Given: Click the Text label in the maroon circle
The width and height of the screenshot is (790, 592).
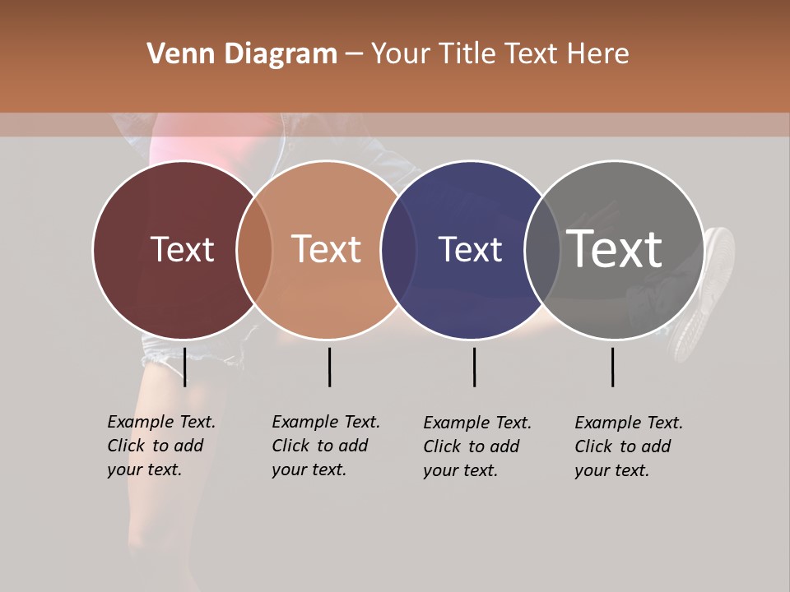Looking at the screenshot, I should (x=182, y=250).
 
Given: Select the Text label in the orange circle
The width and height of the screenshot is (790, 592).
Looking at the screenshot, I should (x=327, y=250).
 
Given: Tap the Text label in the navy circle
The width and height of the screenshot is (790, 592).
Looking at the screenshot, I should (x=470, y=250).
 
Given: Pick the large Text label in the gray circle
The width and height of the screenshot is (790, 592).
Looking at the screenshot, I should (x=615, y=249).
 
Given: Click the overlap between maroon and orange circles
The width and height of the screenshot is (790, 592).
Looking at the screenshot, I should (x=254, y=250).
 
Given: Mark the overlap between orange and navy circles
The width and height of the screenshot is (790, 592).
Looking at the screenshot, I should (x=398, y=250).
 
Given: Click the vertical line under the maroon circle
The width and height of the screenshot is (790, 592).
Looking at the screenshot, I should (x=185, y=367).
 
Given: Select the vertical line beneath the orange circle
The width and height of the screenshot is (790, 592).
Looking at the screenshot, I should (x=329, y=367).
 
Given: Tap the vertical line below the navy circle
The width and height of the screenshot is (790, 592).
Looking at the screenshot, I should (x=474, y=367).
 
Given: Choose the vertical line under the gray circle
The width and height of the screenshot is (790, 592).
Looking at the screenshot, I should (x=612, y=367).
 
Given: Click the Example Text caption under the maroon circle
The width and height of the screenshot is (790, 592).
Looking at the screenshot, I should (x=160, y=446).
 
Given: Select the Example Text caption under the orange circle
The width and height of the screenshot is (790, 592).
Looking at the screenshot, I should (x=325, y=446).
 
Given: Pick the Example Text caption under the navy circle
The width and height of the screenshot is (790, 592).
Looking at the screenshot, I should (x=476, y=446).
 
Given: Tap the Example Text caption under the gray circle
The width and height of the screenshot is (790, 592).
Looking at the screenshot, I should (x=628, y=446).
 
